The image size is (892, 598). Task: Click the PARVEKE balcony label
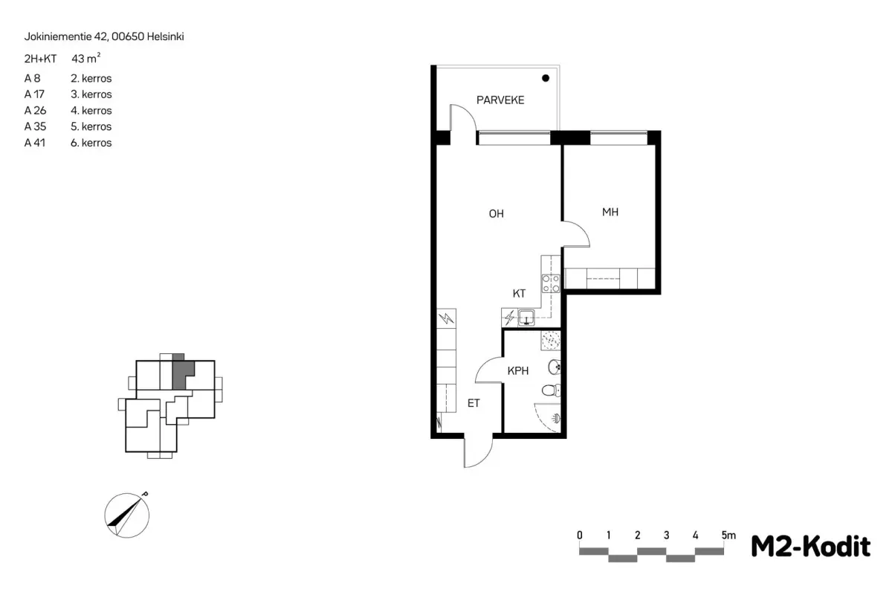pos(500,100)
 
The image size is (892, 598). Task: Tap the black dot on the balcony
pos(546,78)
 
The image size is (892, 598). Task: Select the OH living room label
pos(497,214)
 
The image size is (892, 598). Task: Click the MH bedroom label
pos(610,212)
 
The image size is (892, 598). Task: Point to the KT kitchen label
pos(519,294)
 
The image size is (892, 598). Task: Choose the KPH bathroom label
pos(517,371)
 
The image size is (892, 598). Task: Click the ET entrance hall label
pos(474,404)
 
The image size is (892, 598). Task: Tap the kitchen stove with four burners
pos(551,283)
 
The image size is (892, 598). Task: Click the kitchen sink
pos(526,318)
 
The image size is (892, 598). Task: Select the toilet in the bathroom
pos(551,390)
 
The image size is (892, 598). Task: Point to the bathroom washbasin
pos(555,367)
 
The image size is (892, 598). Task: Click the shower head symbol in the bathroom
pos(556,418)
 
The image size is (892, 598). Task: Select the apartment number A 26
pos(35,110)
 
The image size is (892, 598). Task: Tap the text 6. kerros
pos(91,143)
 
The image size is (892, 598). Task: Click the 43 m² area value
pos(85,58)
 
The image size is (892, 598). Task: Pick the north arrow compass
pos(127,515)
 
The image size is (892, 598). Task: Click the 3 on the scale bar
pos(666,535)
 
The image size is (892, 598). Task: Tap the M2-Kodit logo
pos(810,546)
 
